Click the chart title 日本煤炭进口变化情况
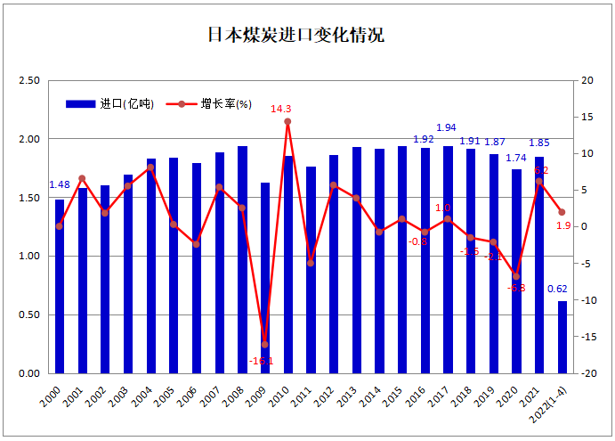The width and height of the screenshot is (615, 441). (x=295, y=36)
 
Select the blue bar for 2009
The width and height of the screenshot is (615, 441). (x=264, y=278)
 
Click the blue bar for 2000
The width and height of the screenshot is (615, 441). (x=60, y=286)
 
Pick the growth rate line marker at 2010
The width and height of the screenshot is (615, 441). (x=287, y=121)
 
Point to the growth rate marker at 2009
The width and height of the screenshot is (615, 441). (x=264, y=345)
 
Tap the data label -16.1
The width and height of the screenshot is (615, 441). (x=262, y=361)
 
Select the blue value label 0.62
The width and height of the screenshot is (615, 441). (x=558, y=289)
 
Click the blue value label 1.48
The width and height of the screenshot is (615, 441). (x=59, y=185)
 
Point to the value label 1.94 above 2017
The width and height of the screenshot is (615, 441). (x=446, y=128)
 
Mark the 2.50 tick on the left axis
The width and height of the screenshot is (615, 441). (x=29, y=81)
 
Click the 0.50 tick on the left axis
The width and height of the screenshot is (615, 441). (x=29, y=315)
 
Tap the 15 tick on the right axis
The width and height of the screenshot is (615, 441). (x=586, y=118)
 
